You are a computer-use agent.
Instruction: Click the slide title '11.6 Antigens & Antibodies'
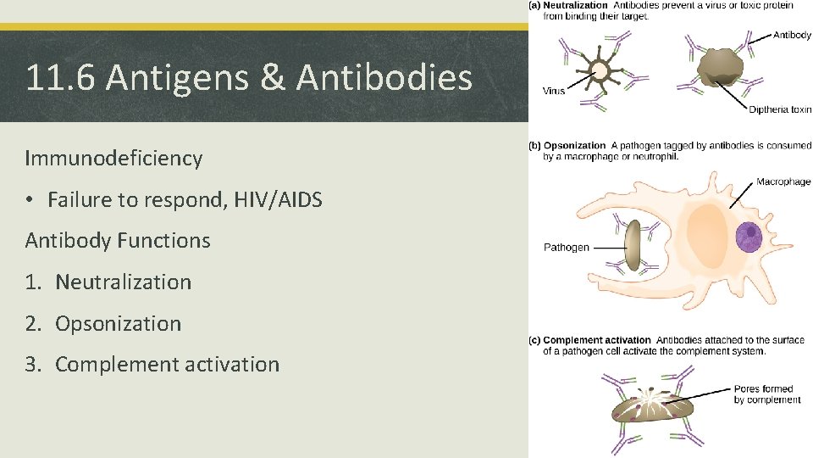coord(248,78)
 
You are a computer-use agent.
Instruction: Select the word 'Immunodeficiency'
coord(113,159)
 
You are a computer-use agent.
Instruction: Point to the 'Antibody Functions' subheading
coord(118,241)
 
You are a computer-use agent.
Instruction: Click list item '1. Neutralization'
coord(108,282)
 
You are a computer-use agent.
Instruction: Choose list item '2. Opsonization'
coord(103,324)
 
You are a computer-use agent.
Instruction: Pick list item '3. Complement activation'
coord(152,365)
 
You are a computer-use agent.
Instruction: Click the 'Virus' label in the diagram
coord(554,92)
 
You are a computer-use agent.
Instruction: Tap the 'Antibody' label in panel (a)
coord(791,36)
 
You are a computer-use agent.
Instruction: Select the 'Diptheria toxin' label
coord(779,109)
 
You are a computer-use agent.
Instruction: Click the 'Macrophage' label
coord(783,182)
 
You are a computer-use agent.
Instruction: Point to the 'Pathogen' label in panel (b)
coord(566,248)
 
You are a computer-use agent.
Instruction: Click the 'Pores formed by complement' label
coord(763,394)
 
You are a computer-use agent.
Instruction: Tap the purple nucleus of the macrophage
coord(748,237)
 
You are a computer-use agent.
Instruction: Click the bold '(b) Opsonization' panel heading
coord(567,146)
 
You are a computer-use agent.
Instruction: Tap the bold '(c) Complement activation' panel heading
coord(590,341)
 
